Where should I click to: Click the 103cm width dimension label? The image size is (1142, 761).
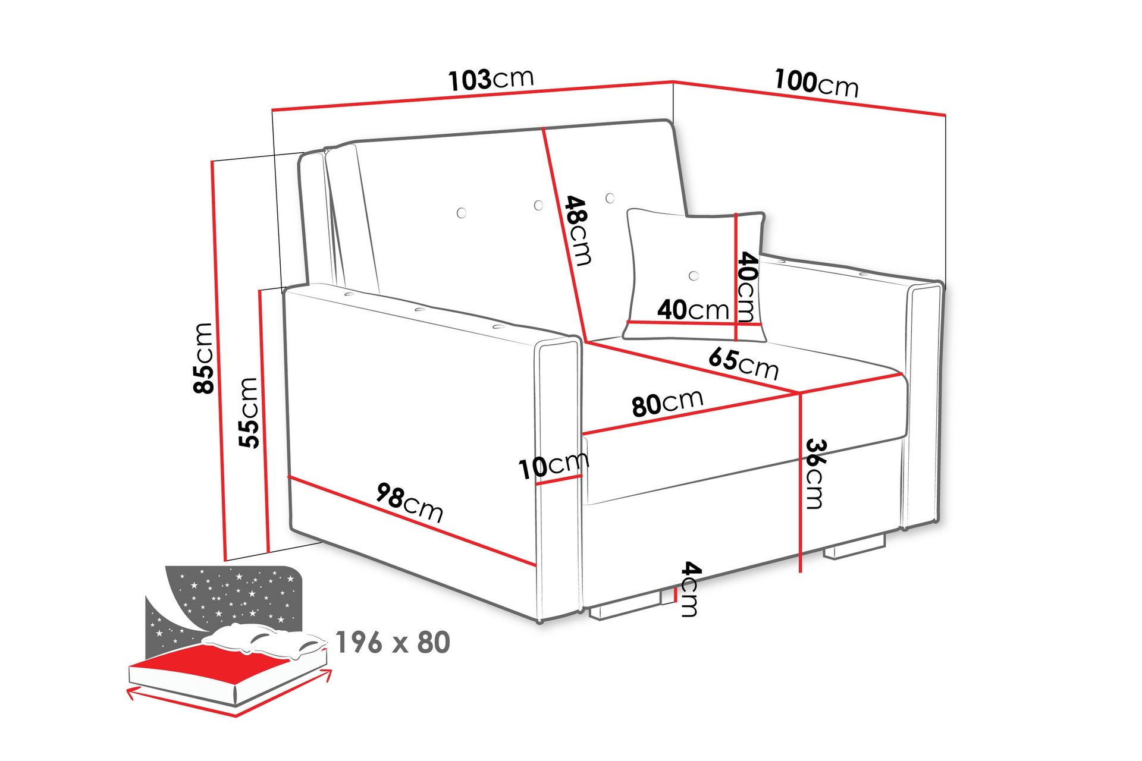tap(491, 79)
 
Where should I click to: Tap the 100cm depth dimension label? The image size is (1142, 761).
tap(816, 83)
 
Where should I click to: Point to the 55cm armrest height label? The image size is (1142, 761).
tap(248, 412)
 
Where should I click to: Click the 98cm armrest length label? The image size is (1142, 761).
tap(410, 502)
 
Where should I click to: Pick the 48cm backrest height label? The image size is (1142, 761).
tap(578, 230)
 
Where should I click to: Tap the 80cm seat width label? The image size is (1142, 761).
tap(667, 403)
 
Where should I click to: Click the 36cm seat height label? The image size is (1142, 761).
tap(815, 474)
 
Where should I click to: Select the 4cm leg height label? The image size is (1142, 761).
tap(689, 589)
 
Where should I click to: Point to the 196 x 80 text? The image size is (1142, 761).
tap(393, 642)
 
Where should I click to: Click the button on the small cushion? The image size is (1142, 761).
tap(693, 276)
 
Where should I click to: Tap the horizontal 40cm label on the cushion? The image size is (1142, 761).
tap(693, 310)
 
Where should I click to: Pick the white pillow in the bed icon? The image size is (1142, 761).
tap(265, 641)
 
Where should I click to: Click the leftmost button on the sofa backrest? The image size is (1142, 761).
tap(461, 212)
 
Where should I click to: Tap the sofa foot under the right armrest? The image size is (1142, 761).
tap(855, 548)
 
